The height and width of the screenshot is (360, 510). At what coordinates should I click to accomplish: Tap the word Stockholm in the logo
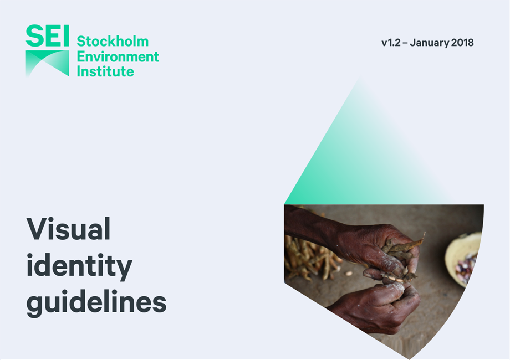coord(113,42)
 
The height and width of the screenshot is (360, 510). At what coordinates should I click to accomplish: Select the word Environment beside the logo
coord(118,56)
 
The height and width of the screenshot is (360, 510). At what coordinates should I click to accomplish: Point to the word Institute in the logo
coord(105,71)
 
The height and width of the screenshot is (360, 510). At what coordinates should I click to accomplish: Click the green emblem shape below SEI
coord(47,62)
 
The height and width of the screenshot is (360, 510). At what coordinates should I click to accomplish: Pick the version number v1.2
coord(391,43)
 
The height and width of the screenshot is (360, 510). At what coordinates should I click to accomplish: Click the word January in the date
coord(430,43)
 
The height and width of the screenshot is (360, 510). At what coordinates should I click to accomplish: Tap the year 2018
coord(463,43)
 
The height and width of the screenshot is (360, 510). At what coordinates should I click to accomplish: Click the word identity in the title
coord(79,266)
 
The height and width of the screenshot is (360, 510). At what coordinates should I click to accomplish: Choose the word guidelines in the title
coord(96,303)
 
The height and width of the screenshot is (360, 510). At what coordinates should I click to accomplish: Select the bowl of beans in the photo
coord(465,258)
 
